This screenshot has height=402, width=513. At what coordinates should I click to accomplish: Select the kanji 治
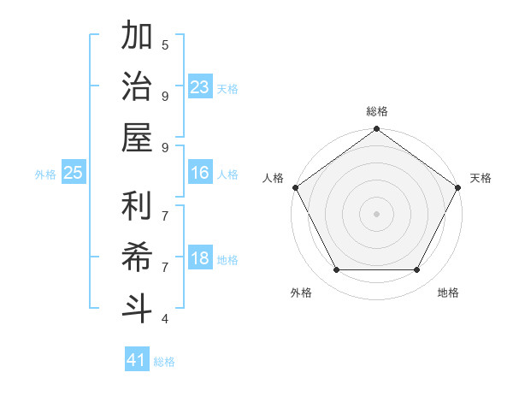click(138, 87)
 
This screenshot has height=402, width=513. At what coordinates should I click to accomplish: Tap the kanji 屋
click(138, 138)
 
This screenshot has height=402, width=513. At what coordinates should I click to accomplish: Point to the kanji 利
click(138, 206)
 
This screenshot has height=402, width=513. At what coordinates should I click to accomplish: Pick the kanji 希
click(138, 257)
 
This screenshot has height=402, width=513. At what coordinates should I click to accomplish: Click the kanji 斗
click(138, 308)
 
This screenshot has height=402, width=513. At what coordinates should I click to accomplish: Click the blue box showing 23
click(200, 87)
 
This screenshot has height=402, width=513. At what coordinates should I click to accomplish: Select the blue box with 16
click(200, 173)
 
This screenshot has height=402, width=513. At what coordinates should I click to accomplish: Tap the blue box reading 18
click(200, 259)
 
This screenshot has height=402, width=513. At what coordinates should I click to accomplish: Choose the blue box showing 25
click(74, 173)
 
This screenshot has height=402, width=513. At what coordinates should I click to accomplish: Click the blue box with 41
click(137, 360)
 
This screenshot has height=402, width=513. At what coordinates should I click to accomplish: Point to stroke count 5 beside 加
click(165, 44)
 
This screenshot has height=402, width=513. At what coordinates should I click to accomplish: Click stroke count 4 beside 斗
click(165, 319)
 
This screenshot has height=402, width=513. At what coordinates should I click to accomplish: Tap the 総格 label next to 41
click(164, 362)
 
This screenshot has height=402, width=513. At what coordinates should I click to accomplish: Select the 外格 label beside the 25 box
click(45, 174)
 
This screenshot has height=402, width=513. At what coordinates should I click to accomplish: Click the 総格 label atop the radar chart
click(376, 111)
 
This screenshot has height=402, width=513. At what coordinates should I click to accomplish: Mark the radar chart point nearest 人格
click(295, 187)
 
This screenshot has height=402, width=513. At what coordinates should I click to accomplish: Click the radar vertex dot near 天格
click(458, 187)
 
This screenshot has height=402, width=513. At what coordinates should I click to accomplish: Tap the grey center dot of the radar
click(376, 213)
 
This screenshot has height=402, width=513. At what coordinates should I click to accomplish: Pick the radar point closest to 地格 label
click(417, 270)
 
